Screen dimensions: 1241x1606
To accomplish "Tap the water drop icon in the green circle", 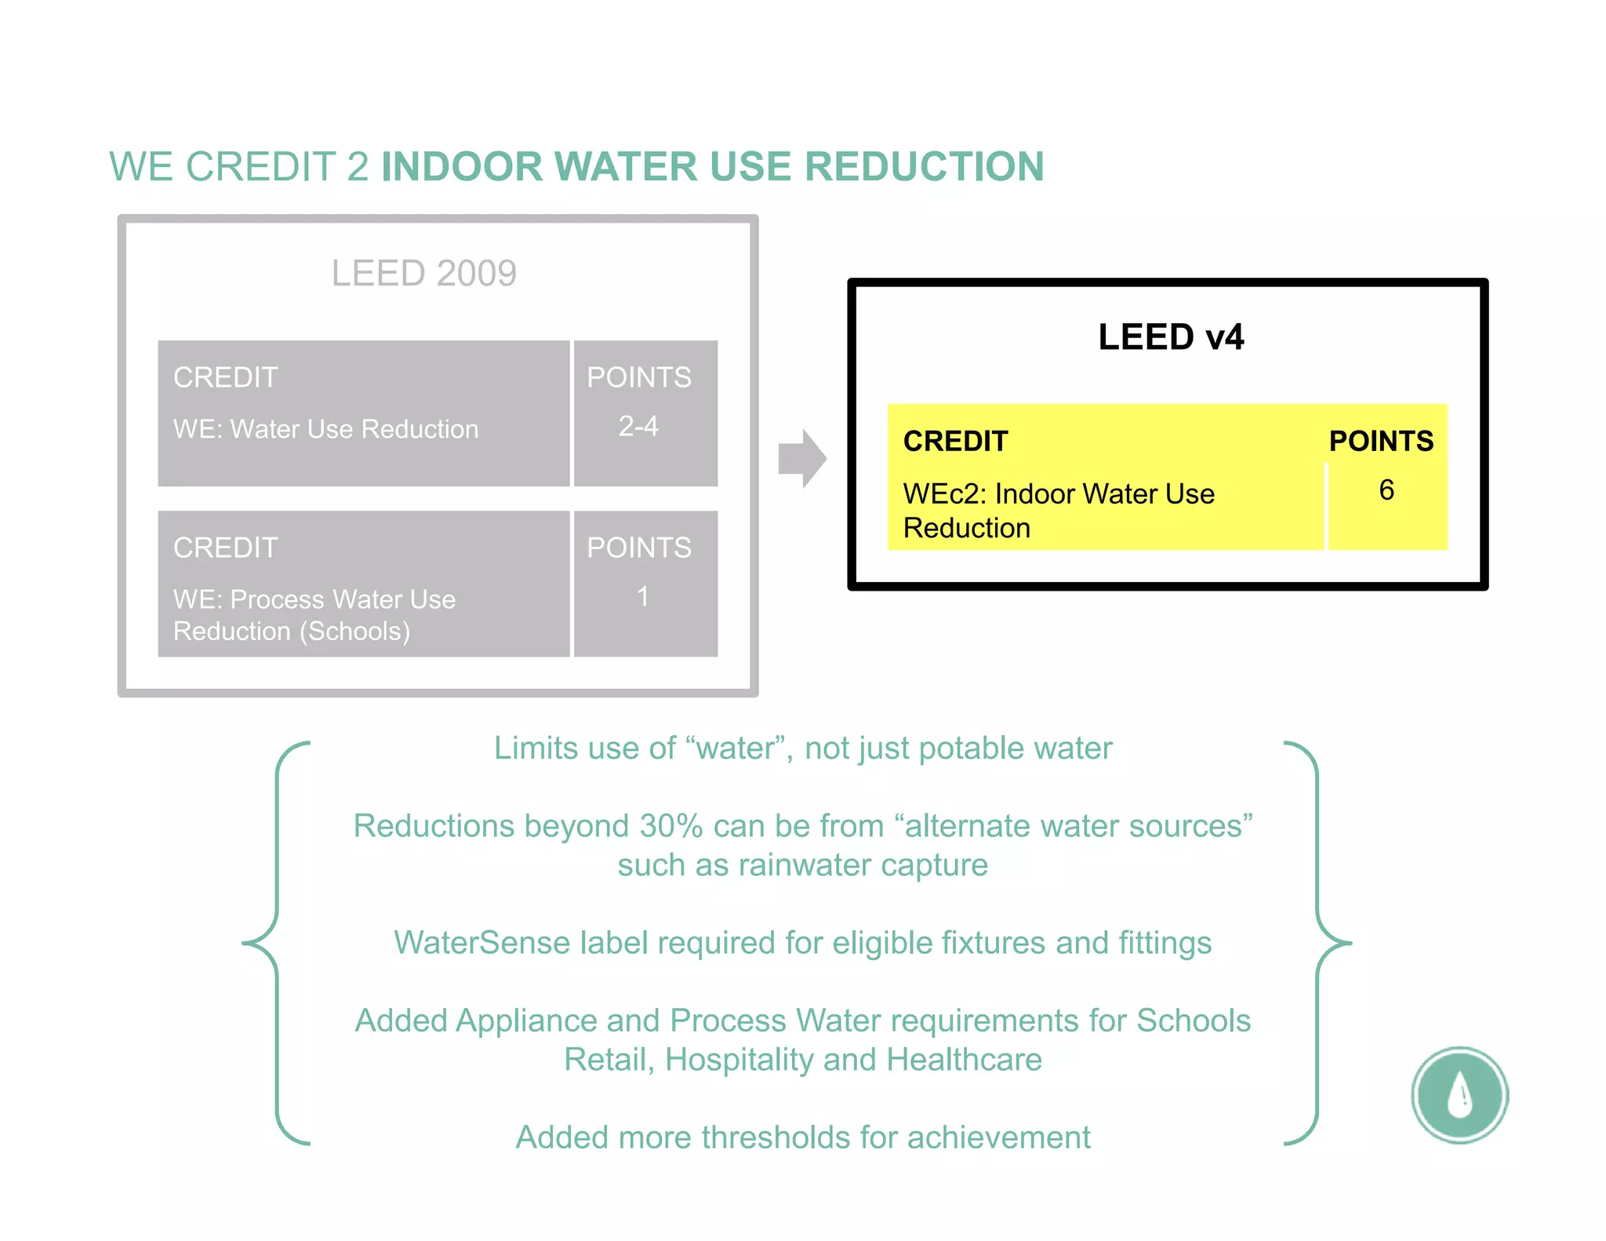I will coord(1459,1094).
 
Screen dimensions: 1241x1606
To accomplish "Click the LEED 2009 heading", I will coord(423,274).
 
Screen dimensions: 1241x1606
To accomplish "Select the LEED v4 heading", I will coord(1170,337).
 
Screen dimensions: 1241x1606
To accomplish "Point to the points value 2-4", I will coord(638,426).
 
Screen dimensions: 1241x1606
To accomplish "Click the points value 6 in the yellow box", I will coord(1386,490).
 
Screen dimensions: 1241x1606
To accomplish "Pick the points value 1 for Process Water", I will coord(642,597).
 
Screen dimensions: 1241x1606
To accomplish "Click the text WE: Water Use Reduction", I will coord(325,429).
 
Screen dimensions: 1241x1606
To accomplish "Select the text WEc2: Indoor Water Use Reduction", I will coord(1058,511).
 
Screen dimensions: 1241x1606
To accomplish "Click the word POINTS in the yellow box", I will coord(1381,441).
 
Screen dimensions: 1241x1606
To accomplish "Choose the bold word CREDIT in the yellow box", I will coord(955,441).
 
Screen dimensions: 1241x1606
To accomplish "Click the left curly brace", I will coord(276,942).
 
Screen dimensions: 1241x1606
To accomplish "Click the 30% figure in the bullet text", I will coord(671,826).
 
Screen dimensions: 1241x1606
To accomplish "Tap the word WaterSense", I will coord(481,943).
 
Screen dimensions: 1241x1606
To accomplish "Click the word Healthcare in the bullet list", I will coord(964,1060).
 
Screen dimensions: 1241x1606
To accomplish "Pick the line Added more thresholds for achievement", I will coord(802,1137).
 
